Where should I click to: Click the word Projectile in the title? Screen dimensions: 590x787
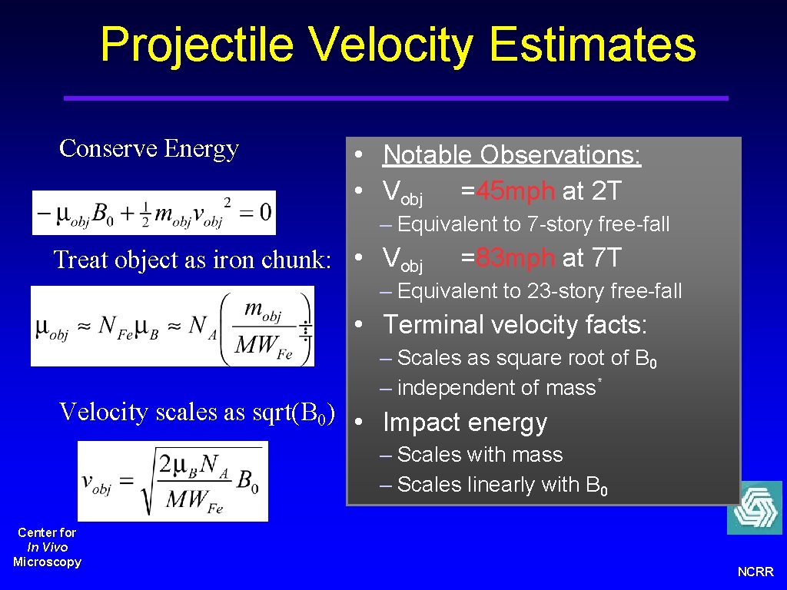coord(196,45)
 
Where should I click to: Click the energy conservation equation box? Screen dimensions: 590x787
coord(154,213)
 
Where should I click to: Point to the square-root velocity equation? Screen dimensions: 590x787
coord(172,481)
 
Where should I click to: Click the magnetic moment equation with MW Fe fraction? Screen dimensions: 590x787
coord(172,326)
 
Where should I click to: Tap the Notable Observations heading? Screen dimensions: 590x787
coord(512,155)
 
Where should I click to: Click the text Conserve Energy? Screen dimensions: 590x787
coord(149,148)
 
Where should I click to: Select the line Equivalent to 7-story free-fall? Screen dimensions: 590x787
coord(526,224)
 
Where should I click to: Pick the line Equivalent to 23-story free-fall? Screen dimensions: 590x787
coord(532,291)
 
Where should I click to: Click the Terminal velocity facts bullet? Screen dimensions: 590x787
coord(515,325)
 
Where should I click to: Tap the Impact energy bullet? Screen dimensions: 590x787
coord(465,423)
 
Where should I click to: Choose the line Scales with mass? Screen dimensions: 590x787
coord(472,455)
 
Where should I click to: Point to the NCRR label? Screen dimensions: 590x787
coord(755,572)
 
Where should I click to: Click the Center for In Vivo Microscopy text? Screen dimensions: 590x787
coord(47,547)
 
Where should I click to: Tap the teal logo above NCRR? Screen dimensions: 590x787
coord(754,508)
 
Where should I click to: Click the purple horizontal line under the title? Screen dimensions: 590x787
coord(395,98)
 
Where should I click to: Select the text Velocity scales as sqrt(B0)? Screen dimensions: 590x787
coord(197,413)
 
